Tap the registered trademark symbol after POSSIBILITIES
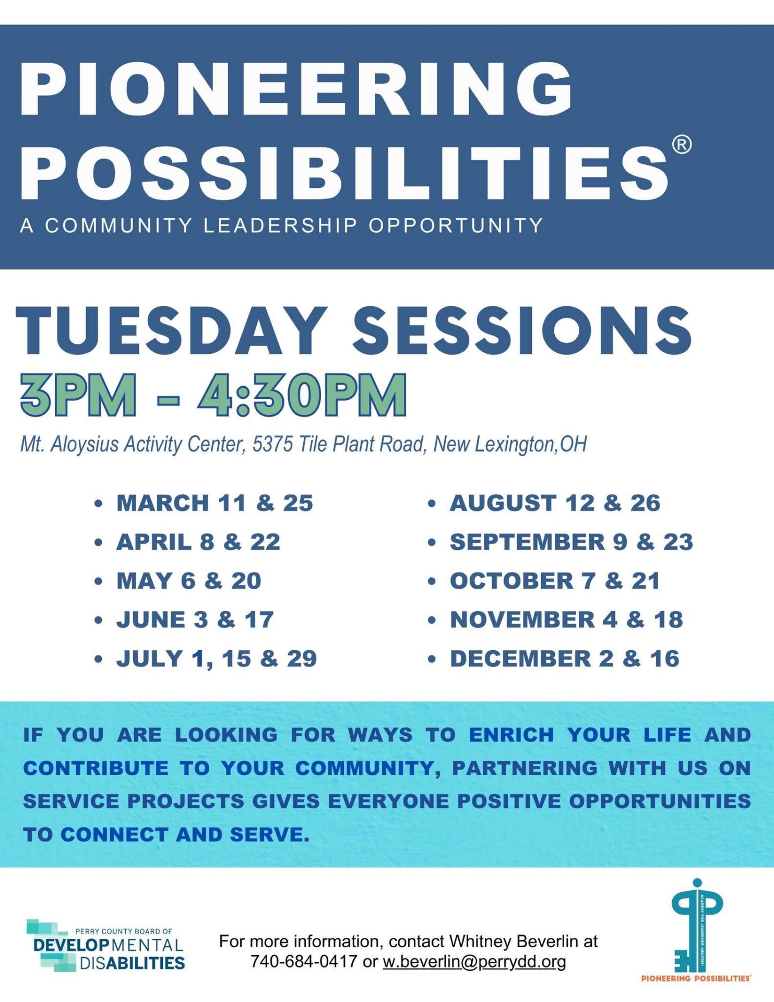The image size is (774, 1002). click(x=682, y=145)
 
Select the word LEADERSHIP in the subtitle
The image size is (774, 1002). click(x=280, y=225)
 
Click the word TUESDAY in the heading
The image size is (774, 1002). click(x=172, y=330)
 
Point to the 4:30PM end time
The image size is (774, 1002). click(x=302, y=395)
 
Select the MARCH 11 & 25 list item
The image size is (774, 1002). click(x=215, y=503)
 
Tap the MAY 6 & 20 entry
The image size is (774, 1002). click(x=189, y=581)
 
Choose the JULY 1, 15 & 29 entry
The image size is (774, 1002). click(x=217, y=659)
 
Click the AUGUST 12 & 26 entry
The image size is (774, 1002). click(x=555, y=503)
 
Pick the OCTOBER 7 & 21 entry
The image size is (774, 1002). click(x=555, y=581)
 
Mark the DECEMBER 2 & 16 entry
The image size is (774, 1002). click(x=565, y=659)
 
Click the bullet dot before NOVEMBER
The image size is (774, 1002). click(x=432, y=621)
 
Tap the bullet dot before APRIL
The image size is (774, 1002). click(x=98, y=543)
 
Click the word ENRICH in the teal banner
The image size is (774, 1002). click(x=511, y=735)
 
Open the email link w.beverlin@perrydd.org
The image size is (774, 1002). click(x=474, y=961)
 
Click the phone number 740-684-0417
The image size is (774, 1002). click(x=304, y=961)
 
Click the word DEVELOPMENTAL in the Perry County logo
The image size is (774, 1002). click(x=108, y=946)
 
